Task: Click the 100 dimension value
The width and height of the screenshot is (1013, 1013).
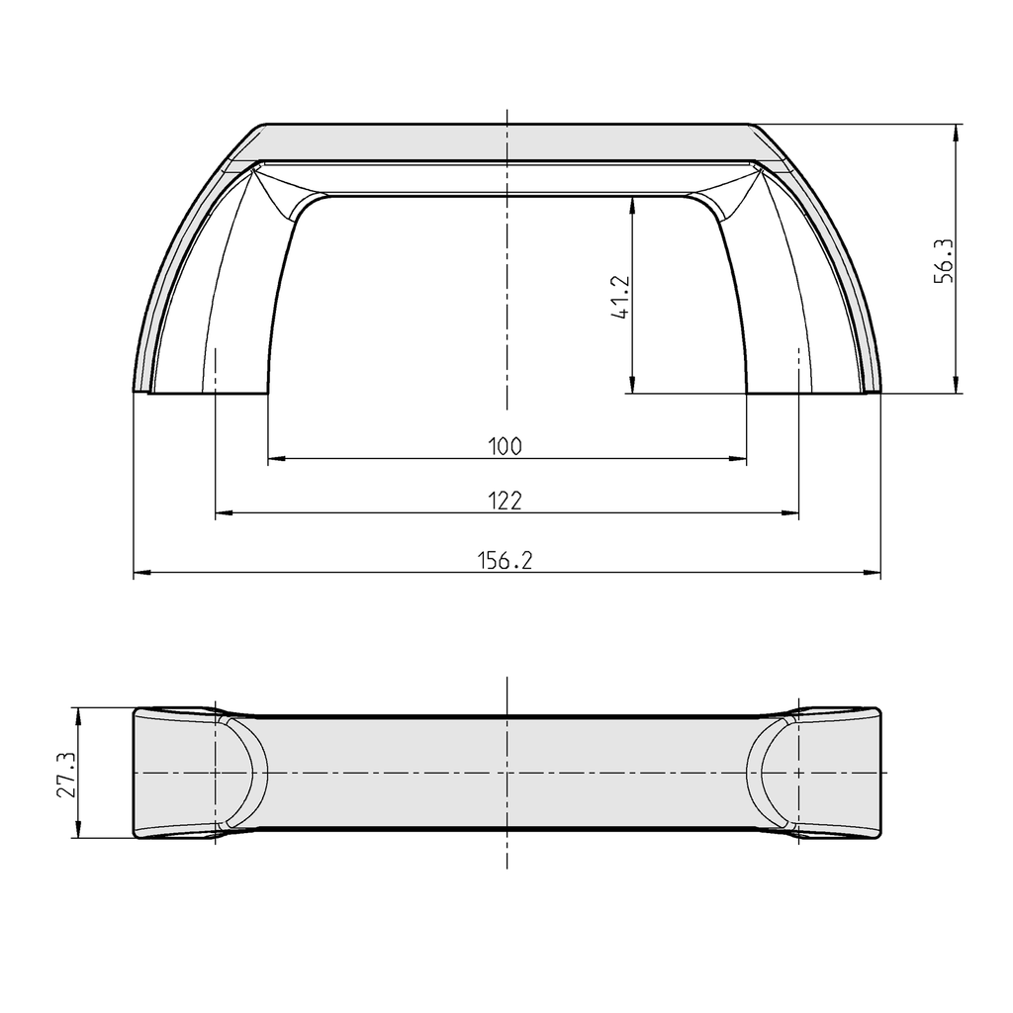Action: pos(505,446)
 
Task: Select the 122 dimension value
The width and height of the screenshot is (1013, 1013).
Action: pos(505,501)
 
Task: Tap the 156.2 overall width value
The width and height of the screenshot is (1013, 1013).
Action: pos(506,561)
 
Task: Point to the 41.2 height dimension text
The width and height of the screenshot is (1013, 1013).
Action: pos(621,296)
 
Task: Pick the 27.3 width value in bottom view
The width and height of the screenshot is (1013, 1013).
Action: pos(65,774)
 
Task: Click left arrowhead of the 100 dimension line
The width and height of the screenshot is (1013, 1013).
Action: pos(275,459)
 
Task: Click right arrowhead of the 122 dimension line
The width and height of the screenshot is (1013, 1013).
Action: pos(791,513)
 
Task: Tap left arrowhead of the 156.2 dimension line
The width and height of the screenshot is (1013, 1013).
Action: pos(140,574)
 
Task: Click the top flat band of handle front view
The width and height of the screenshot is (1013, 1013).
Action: pos(506,141)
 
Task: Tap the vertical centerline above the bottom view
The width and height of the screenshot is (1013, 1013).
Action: pos(506,692)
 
